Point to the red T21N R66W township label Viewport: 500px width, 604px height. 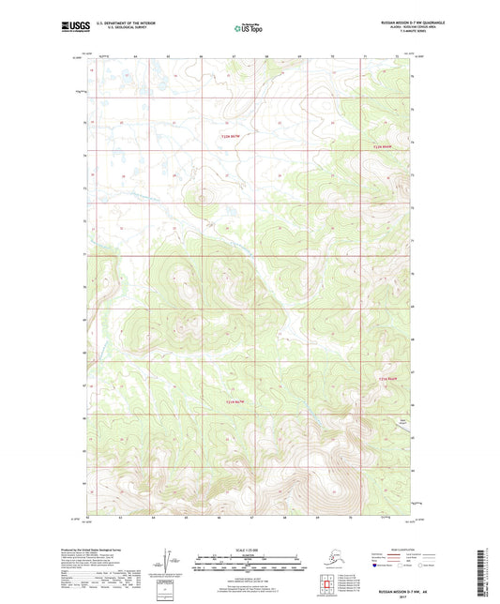pos(387,378)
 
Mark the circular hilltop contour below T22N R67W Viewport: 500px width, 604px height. pos(200,197)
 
